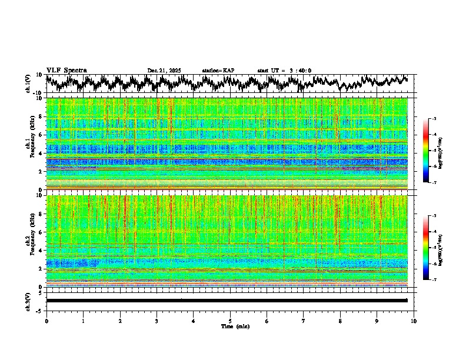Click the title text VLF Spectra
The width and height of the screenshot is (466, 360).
pyautogui.click(x=66, y=70)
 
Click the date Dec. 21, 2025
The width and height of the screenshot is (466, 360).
pyautogui.click(x=164, y=71)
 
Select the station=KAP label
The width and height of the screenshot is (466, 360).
pyautogui.click(x=218, y=71)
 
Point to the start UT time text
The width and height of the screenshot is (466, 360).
pyautogui.click(x=284, y=71)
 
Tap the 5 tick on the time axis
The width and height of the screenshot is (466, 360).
pyautogui.click(x=230, y=321)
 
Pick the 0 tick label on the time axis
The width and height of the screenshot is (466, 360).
pyautogui.click(x=46, y=321)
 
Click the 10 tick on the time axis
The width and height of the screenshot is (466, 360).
pyautogui.click(x=414, y=321)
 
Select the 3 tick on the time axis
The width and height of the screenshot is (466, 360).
pyautogui.click(x=157, y=321)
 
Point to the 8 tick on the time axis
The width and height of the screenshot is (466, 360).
pyautogui.click(x=340, y=321)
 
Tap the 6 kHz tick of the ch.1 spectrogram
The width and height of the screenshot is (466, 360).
pyautogui.click(x=42, y=135)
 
